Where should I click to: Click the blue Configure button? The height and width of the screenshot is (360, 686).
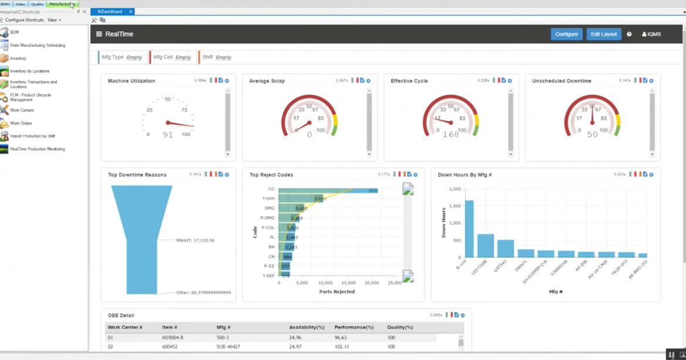click(x=566, y=34)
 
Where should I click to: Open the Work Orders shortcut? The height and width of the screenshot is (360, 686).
click(x=21, y=123)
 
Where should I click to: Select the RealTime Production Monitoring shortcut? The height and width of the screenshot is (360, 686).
click(x=38, y=149)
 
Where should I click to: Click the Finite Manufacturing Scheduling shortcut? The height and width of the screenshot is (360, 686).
click(x=38, y=45)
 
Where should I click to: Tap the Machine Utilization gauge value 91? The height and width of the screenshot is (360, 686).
click(x=168, y=134)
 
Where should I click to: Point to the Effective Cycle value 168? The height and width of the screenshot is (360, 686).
click(x=450, y=134)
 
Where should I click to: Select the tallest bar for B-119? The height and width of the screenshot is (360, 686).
click(x=469, y=229)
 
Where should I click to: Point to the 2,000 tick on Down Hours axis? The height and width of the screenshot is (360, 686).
click(x=454, y=189)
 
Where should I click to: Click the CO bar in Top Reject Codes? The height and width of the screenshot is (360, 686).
click(x=328, y=190)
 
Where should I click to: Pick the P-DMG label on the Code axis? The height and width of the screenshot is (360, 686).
click(x=268, y=218)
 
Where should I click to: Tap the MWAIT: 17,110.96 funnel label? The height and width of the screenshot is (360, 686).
click(x=195, y=240)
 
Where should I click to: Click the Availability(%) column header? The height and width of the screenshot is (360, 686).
click(x=307, y=327)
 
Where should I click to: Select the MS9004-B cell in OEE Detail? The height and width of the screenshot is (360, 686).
click(x=172, y=338)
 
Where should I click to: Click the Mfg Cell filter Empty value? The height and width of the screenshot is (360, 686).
click(x=183, y=57)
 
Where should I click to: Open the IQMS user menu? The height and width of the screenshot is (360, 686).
click(x=651, y=34)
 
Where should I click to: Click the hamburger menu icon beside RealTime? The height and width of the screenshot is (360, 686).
click(x=99, y=34)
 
